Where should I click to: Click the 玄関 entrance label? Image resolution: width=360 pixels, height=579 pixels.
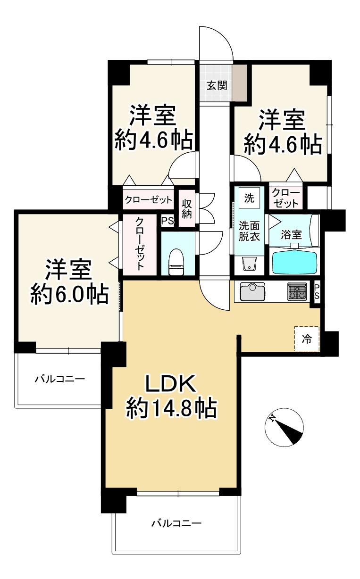pyautogui.click(x=217, y=86)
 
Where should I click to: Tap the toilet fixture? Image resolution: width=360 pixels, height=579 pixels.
pyautogui.click(x=176, y=262)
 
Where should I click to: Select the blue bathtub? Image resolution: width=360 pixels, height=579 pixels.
pyautogui.click(x=294, y=262)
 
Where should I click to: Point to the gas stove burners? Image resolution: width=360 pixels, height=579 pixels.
pyautogui.click(x=296, y=291)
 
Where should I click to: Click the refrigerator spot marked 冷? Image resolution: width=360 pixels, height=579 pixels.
pyautogui.click(x=307, y=339)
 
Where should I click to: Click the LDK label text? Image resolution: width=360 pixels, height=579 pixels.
pyautogui.click(x=170, y=385)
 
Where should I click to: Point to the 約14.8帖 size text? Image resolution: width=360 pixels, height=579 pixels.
pyautogui.click(x=171, y=408)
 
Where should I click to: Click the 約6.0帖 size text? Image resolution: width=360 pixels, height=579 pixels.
pyautogui.click(x=69, y=295)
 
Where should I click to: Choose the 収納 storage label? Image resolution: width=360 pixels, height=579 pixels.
pyautogui.click(x=187, y=208)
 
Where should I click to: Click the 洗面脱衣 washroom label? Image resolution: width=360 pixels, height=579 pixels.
pyautogui.click(x=248, y=231)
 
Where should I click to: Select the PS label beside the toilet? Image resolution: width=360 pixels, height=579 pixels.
pyautogui.click(x=167, y=221)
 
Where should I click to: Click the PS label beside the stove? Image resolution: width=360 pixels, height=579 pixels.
pyautogui.click(x=317, y=292)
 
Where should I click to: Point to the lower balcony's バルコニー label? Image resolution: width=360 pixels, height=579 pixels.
pyautogui.click(x=176, y=523)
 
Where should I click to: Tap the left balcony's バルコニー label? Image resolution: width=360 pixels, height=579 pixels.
pyautogui.click(x=60, y=378)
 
